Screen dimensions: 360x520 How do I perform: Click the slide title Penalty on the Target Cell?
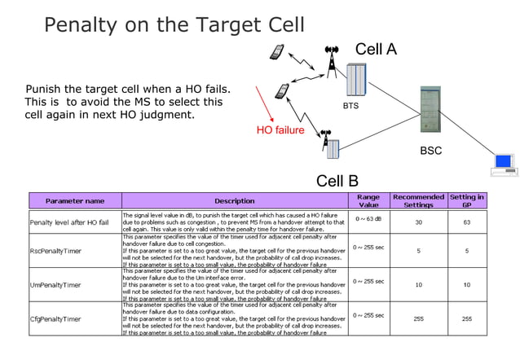(174, 24)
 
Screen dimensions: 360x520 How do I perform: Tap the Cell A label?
(376, 50)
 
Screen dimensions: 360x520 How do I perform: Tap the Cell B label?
(337, 181)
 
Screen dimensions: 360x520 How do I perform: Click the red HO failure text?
(280, 130)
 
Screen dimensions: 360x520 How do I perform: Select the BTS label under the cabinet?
(350, 106)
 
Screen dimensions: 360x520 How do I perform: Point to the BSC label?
(430, 151)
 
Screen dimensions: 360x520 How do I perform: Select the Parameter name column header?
(74, 200)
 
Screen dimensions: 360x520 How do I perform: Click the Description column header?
(234, 200)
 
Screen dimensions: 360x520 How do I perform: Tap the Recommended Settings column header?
(418, 200)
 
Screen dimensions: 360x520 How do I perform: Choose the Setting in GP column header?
(467, 200)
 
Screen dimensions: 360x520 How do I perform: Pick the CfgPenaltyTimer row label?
(55, 319)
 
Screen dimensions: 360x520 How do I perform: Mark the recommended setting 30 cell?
(418, 222)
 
